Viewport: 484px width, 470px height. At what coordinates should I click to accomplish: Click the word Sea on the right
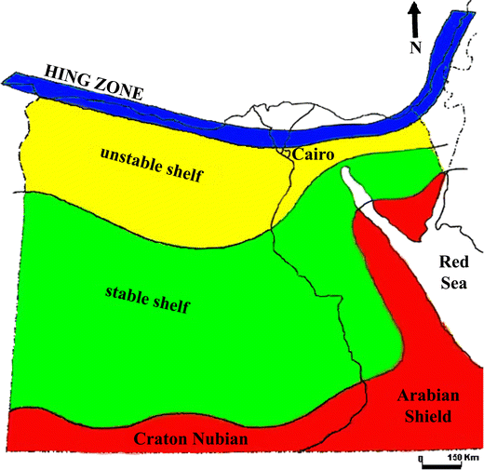point(457,282)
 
